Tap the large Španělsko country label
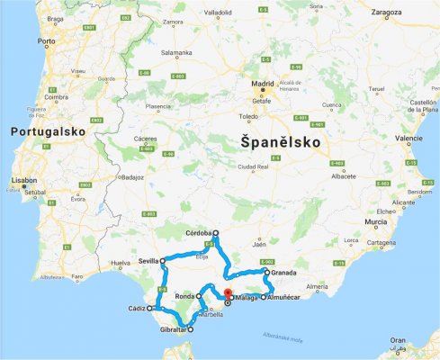(x=275, y=142)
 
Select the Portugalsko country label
(x=48, y=131)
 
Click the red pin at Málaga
(x=228, y=293)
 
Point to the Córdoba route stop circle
(x=216, y=234)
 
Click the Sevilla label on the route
(x=148, y=260)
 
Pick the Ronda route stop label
(x=184, y=295)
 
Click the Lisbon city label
(x=23, y=180)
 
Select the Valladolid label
(x=218, y=13)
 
